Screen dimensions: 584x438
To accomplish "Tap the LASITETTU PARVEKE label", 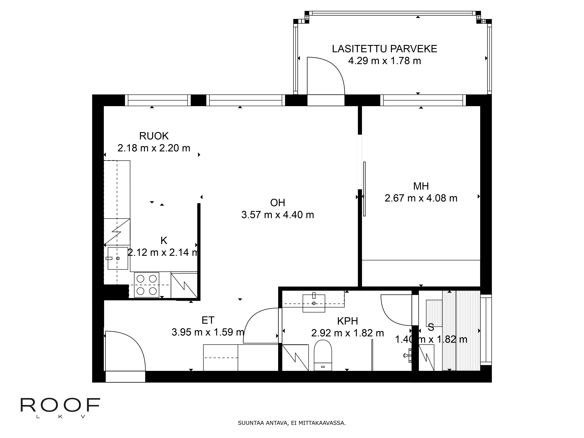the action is click(384, 49).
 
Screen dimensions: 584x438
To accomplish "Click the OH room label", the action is click(278, 203).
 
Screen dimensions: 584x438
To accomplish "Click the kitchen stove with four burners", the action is click(147, 285).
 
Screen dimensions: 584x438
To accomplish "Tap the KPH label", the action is click(347, 321).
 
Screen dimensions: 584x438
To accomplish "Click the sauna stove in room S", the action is click(434, 313).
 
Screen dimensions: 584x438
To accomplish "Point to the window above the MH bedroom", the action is click(423, 100).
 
